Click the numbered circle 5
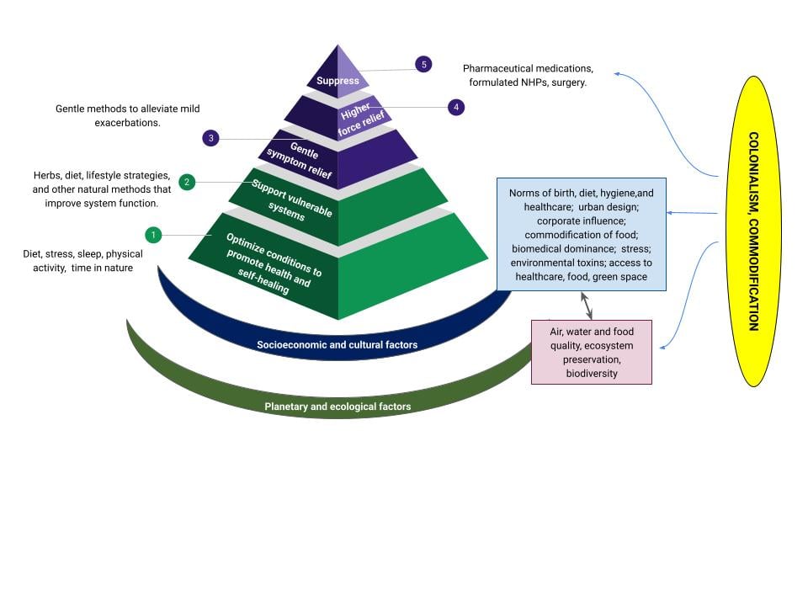tap(423, 65)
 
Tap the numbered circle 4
tap(455, 107)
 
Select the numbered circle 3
tap(211, 138)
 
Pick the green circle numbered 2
tap(188, 181)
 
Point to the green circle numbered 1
tap(152, 234)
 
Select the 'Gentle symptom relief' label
tap(300, 157)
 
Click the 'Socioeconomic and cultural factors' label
tap(337, 345)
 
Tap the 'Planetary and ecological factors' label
tap(338, 407)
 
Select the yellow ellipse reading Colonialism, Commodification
tap(752, 231)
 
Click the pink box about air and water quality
tap(591, 352)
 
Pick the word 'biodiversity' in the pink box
tap(591, 373)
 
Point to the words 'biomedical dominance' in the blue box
tap(561, 248)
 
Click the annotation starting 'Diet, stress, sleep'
tap(82, 260)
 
